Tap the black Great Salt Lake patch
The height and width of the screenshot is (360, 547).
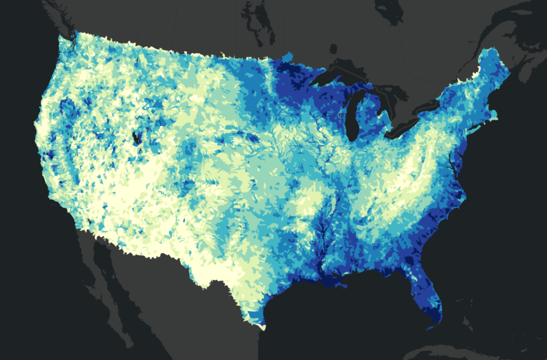point(137,138)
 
